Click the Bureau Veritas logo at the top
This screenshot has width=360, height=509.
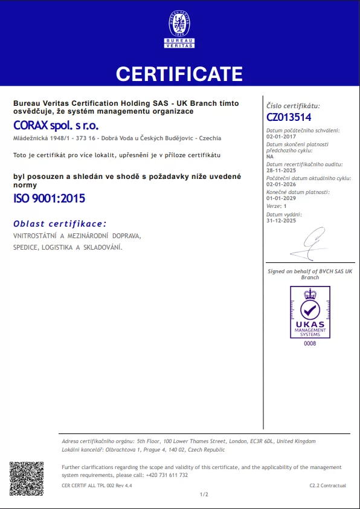179,28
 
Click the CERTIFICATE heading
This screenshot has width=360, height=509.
179,74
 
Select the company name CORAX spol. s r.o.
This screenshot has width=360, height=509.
56,125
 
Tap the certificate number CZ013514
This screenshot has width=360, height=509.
289,117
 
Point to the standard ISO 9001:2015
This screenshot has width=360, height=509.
50,198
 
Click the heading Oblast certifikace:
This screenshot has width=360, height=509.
60,224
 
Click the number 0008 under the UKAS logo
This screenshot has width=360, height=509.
310,343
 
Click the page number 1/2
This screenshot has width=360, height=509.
204,494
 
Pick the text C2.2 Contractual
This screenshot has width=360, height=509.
328,485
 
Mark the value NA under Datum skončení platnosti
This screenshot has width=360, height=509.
270,156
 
